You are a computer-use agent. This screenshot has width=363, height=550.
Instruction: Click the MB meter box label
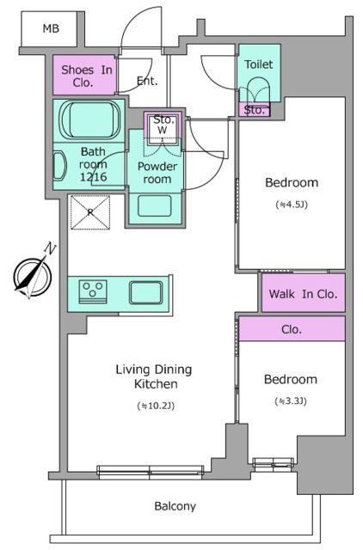(51, 28)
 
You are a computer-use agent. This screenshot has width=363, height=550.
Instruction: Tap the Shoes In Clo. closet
(84, 75)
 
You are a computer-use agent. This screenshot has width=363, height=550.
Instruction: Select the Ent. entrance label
(147, 81)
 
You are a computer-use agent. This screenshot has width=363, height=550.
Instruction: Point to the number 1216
(93, 176)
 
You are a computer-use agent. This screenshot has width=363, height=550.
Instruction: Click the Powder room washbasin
(155, 206)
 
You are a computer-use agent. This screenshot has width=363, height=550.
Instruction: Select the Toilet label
(259, 64)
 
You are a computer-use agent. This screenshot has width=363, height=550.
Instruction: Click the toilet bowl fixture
(259, 90)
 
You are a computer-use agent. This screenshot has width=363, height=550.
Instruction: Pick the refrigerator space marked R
(90, 212)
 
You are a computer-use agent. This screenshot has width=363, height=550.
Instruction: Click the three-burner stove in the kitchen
(93, 290)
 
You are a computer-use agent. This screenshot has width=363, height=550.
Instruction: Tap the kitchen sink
(145, 292)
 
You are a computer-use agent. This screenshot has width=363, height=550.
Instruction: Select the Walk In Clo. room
(304, 293)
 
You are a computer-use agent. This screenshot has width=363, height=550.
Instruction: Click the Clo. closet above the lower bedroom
(292, 328)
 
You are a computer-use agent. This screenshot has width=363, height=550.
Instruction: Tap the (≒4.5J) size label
(292, 205)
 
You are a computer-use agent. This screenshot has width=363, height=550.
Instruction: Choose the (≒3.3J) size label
(291, 401)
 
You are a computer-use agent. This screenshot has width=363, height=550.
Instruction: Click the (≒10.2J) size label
(156, 406)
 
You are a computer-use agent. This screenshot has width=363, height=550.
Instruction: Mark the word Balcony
(175, 506)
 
